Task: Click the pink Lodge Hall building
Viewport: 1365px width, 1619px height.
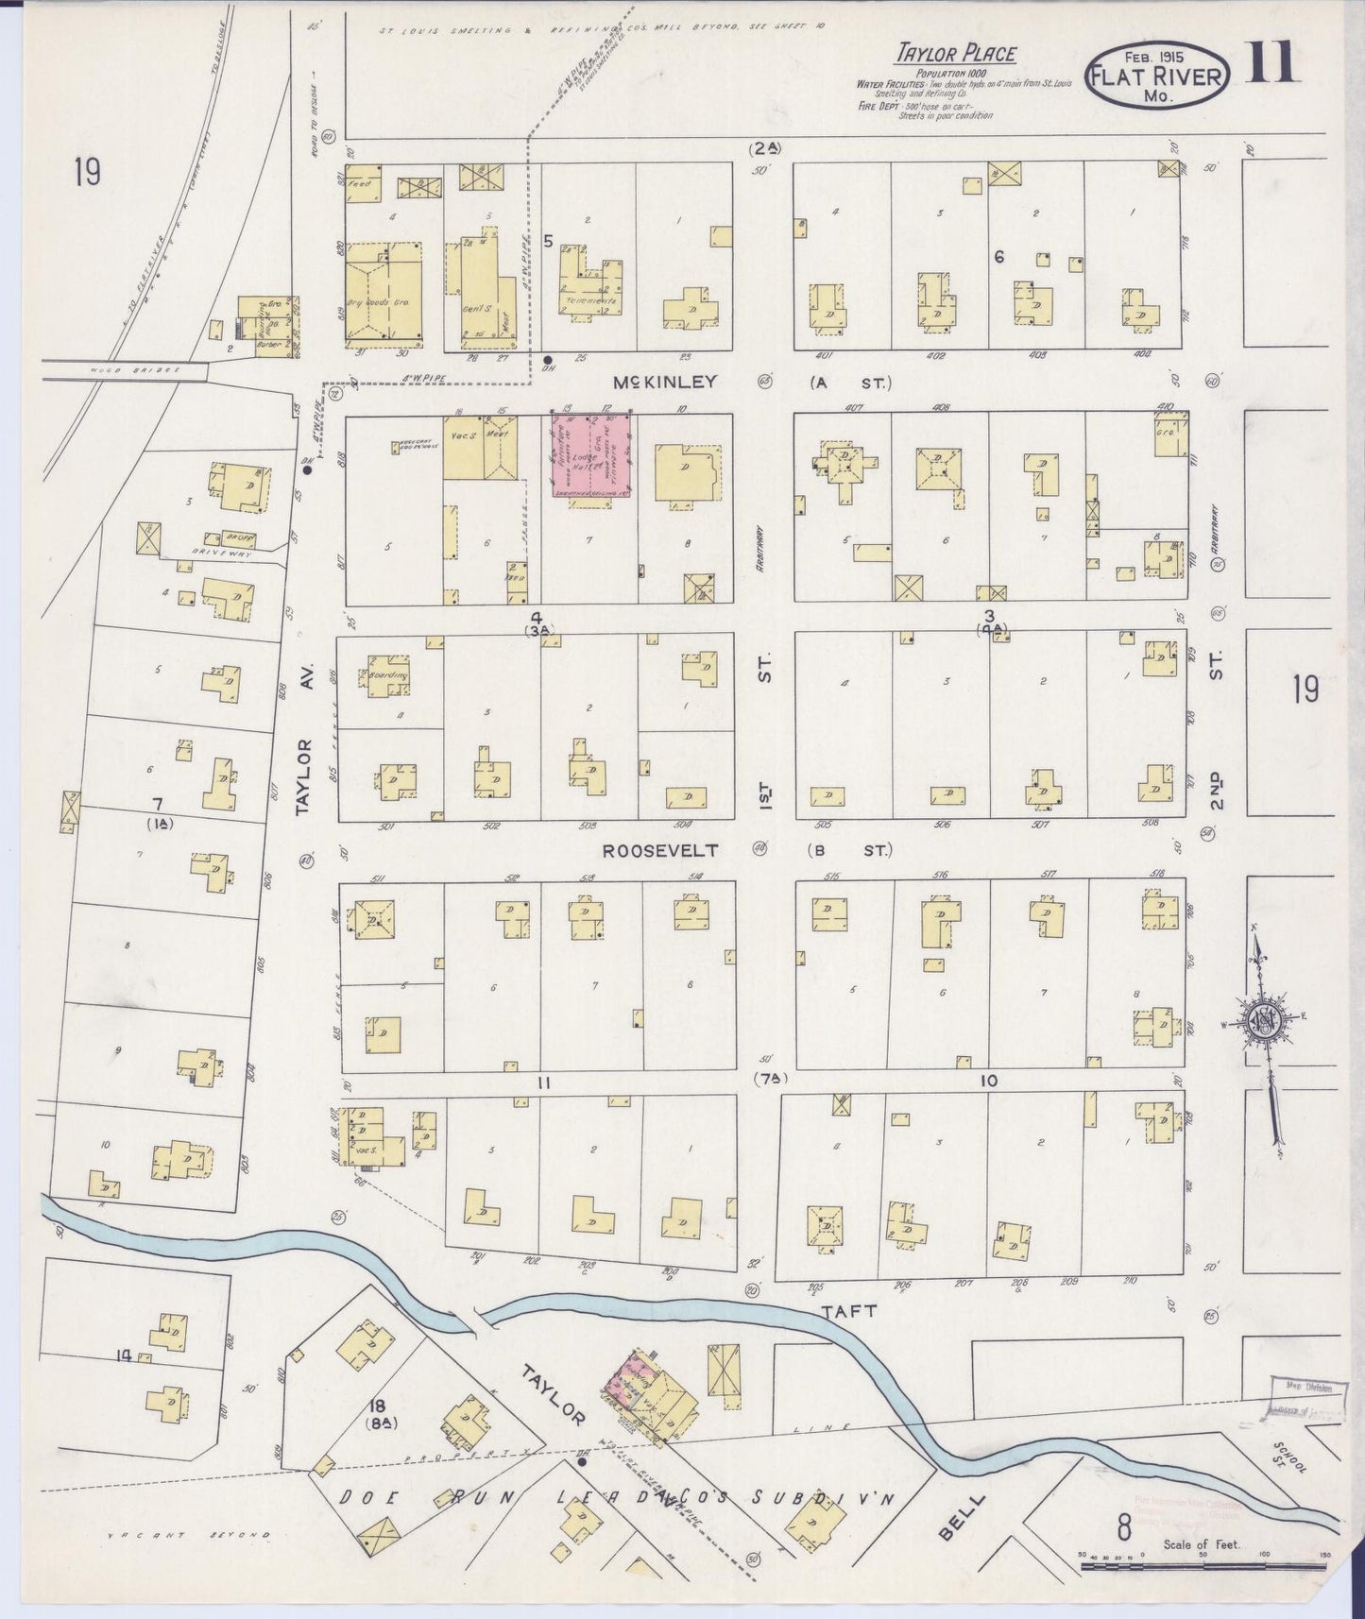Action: point(592,455)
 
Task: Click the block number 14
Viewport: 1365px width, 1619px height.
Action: point(122,1356)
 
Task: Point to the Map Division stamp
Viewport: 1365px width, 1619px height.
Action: point(1304,1393)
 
